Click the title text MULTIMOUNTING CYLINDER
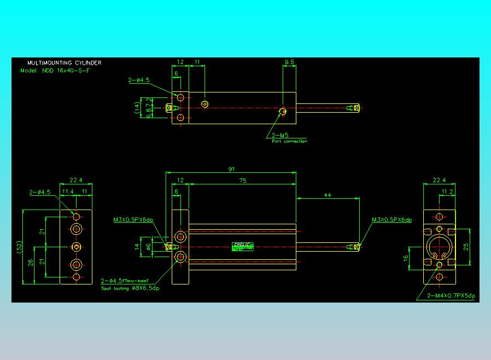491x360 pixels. [x=64, y=63]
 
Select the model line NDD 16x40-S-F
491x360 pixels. [x=60, y=71]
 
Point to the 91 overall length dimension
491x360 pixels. [x=231, y=169]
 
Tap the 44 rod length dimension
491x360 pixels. [x=328, y=195]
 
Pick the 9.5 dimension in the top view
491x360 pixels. [x=289, y=62]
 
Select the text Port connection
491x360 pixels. [x=289, y=141]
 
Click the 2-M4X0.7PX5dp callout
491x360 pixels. [x=452, y=296]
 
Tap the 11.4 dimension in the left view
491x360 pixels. [x=68, y=191]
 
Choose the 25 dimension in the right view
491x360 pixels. [x=466, y=246]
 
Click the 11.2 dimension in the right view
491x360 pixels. [x=447, y=191]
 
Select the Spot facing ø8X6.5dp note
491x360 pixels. [x=130, y=288]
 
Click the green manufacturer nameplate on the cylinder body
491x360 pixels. [x=243, y=246]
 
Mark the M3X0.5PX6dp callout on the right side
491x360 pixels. [x=391, y=220]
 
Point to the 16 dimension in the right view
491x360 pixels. [x=406, y=258]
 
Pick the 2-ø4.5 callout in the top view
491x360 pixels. [x=139, y=80]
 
